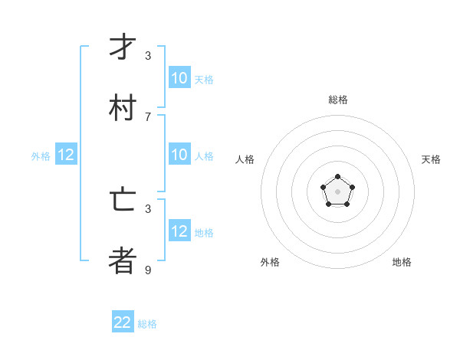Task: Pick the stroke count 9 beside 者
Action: click(x=148, y=270)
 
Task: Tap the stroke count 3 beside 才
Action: click(x=148, y=55)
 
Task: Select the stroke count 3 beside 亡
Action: click(x=148, y=208)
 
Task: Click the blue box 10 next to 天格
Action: click(x=179, y=78)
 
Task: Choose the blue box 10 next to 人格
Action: click(x=179, y=155)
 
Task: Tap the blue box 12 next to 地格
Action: click(x=179, y=231)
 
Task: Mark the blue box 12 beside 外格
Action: click(x=66, y=155)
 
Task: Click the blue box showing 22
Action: click(x=123, y=322)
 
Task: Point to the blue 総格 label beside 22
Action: click(x=147, y=324)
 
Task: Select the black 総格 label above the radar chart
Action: click(x=337, y=100)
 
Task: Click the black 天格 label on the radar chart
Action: click(x=431, y=159)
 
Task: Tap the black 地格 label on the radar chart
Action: click(x=402, y=262)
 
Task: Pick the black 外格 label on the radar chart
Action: click(x=270, y=262)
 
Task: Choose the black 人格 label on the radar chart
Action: click(x=245, y=159)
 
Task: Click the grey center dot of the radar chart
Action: click(x=337, y=191)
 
